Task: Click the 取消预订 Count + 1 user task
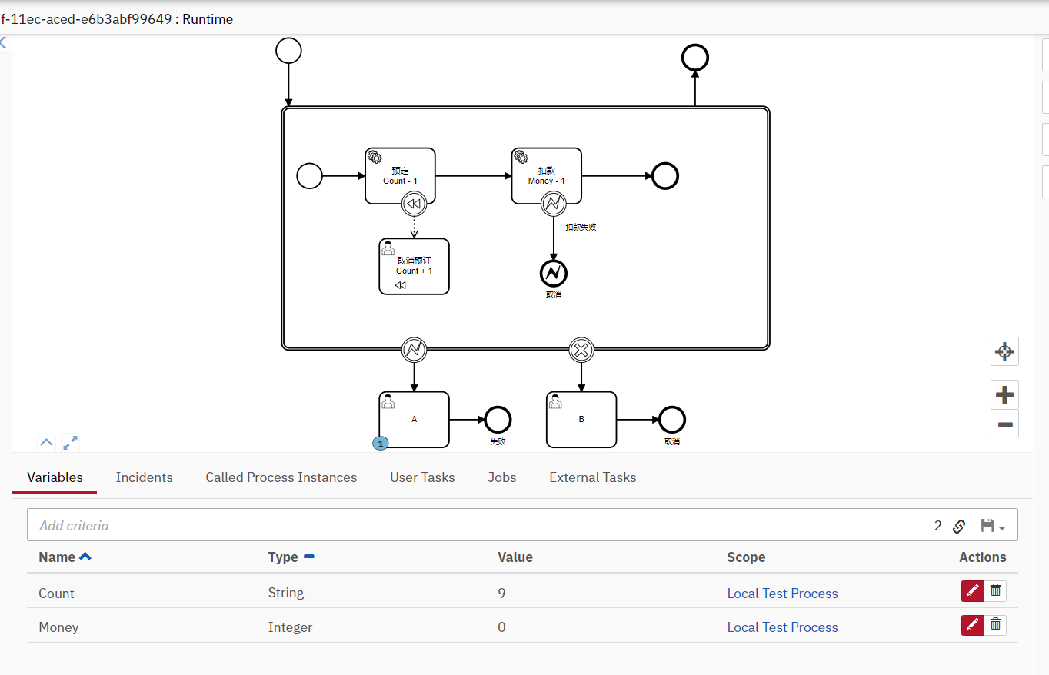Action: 414,266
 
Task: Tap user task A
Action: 414,419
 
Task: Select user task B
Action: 581,419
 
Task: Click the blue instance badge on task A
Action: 380,444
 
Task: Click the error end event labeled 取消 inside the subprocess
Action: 553,273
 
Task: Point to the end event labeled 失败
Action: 498,420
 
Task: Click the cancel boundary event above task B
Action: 581,351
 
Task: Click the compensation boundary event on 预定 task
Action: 414,204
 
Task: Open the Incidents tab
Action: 144,477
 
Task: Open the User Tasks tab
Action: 422,477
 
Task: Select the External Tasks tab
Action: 592,477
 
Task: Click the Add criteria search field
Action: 461,526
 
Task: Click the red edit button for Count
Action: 972,590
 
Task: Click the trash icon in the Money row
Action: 995,625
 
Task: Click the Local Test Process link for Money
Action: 782,627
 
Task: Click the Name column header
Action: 57,557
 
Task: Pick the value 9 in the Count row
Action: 501,594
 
